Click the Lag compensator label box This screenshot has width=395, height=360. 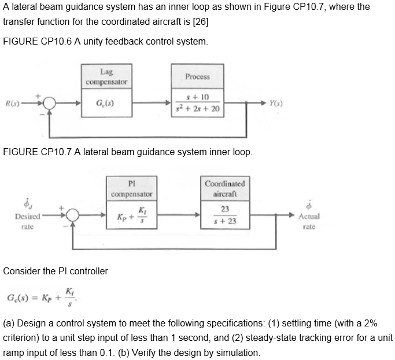106,76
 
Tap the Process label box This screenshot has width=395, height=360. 197,76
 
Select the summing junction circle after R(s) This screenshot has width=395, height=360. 49,105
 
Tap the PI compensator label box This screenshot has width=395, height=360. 131,189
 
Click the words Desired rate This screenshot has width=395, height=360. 27,221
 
